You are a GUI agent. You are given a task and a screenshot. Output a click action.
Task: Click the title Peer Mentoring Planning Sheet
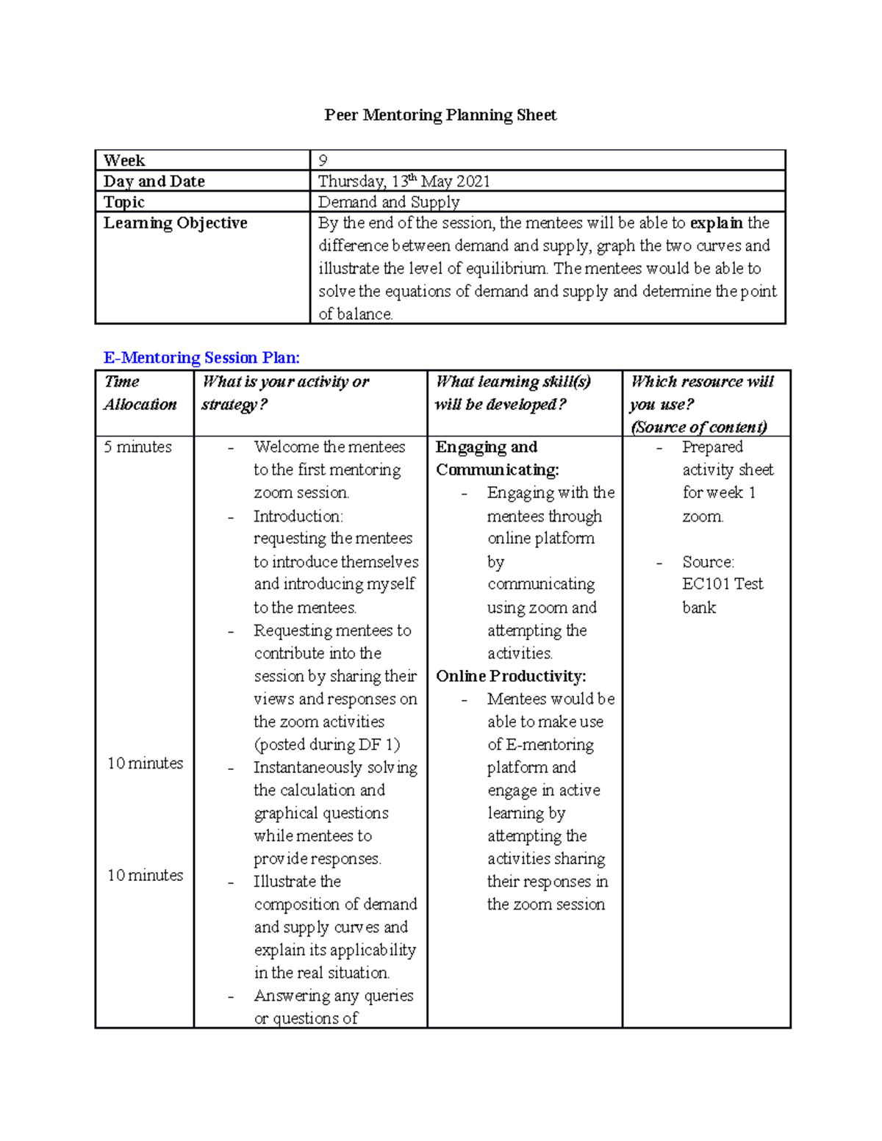pyautogui.click(x=440, y=115)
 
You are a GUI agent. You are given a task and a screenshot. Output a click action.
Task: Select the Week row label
pyautogui.click(x=124, y=161)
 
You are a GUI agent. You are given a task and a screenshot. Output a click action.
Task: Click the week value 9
pyautogui.click(x=323, y=161)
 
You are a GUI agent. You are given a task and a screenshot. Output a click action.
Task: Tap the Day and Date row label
pyautogui.click(x=154, y=181)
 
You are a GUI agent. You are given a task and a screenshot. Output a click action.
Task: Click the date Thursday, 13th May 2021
pyautogui.click(x=404, y=181)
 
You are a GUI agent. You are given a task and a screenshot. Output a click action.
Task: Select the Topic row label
pyautogui.click(x=124, y=202)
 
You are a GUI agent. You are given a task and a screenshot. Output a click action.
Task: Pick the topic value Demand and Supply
pyautogui.click(x=389, y=202)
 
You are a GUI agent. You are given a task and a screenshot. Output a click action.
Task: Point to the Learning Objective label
pyautogui.click(x=176, y=223)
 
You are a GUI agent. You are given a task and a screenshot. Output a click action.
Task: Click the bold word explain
pyautogui.click(x=716, y=223)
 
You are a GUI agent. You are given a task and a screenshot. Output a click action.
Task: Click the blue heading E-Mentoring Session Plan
pyautogui.click(x=201, y=358)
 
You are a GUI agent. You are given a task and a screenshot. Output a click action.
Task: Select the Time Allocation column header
pyautogui.click(x=140, y=393)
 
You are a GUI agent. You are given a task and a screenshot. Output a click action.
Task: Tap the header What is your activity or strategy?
pyautogui.click(x=285, y=393)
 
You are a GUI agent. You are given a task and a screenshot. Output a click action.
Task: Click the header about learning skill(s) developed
pyautogui.click(x=512, y=393)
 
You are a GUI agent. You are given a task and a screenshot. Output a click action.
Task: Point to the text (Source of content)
pyautogui.click(x=699, y=428)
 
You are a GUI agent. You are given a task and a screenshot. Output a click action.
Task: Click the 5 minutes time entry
pyautogui.click(x=138, y=447)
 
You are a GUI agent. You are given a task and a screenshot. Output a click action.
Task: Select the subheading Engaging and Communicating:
pyautogui.click(x=497, y=458)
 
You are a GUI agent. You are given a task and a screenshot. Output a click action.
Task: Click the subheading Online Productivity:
pyautogui.click(x=511, y=677)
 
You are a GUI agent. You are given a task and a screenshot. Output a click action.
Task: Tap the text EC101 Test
pyautogui.click(x=723, y=584)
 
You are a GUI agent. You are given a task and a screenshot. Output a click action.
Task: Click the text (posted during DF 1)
pyautogui.click(x=327, y=745)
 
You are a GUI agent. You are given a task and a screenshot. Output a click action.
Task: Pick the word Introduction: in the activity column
pyautogui.click(x=298, y=516)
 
